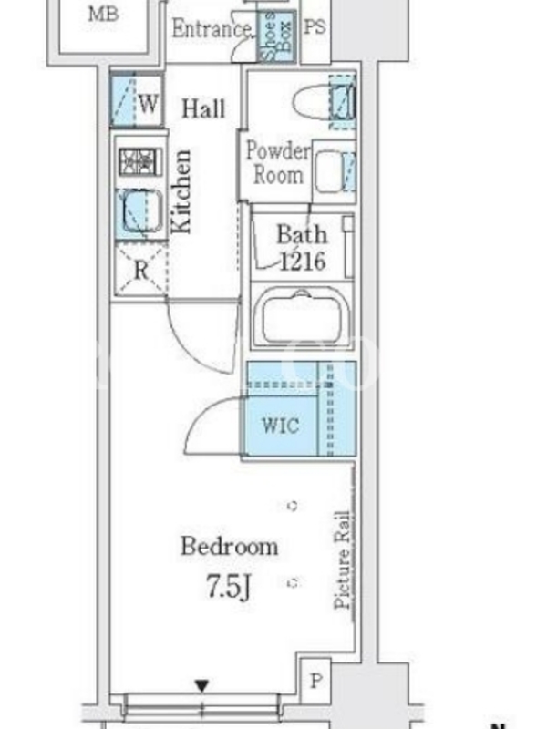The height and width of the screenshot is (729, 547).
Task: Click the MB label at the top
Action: [103, 15]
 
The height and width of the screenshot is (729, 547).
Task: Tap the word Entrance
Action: [212, 29]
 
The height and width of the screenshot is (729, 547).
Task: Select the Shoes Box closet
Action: [277, 36]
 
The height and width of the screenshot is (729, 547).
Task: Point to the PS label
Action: [315, 26]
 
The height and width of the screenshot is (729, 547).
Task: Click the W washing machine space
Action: [136, 101]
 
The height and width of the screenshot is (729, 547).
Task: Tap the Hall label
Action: [203, 108]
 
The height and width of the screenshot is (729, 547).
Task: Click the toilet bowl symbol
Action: [312, 100]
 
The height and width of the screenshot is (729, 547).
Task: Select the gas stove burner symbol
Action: [139, 161]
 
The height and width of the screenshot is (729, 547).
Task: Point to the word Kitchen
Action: [181, 191]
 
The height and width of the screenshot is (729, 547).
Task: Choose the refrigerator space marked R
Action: [141, 269]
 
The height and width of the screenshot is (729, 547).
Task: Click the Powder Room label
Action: [278, 163]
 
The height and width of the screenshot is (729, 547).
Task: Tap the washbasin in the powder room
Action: [328, 170]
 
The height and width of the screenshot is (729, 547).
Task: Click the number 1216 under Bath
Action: [303, 262]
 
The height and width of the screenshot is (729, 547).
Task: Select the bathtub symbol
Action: [303, 316]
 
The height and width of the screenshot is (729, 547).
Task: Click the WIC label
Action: [281, 425]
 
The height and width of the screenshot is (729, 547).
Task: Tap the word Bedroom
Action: [230, 546]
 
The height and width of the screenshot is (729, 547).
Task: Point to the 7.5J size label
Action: [229, 586]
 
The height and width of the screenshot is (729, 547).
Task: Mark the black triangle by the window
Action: [201, 685]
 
